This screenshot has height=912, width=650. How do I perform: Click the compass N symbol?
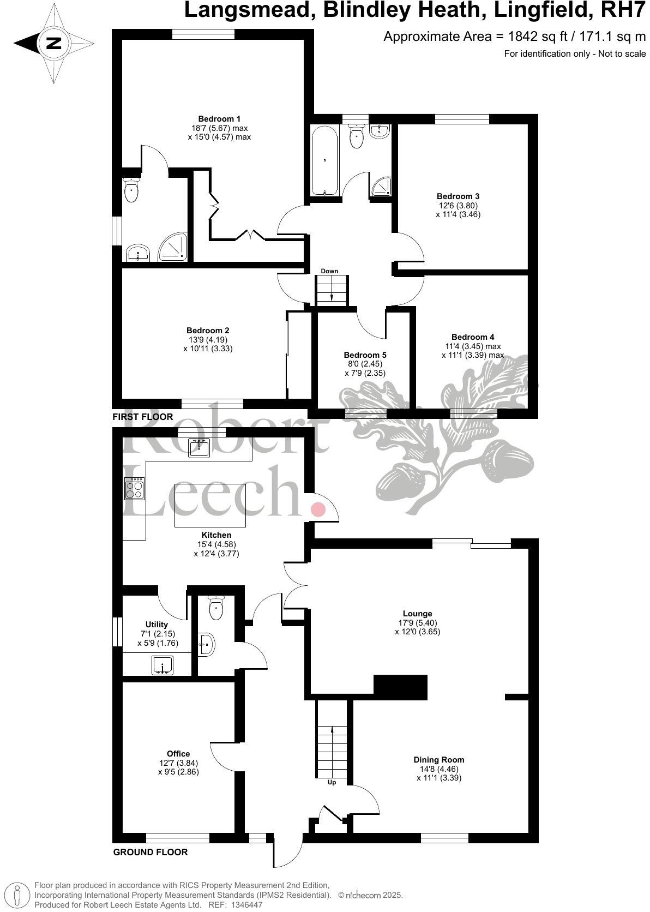53,43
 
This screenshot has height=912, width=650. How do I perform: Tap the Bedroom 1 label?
219,119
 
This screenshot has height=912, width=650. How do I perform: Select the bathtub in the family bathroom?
325,160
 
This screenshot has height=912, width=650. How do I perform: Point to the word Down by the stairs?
329,271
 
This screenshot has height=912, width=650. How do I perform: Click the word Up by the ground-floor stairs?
332,782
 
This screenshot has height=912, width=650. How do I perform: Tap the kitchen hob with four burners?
134,488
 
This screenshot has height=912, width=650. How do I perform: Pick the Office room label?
178,754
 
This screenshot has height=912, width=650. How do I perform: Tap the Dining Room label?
439,759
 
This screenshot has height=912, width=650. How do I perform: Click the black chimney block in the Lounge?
400,687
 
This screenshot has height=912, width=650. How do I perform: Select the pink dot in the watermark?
318,509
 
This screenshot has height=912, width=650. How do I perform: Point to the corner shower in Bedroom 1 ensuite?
174,248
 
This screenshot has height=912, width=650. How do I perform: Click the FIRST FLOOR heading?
142,417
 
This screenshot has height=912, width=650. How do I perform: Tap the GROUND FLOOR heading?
150,852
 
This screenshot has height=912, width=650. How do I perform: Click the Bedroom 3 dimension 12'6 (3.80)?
458,206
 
